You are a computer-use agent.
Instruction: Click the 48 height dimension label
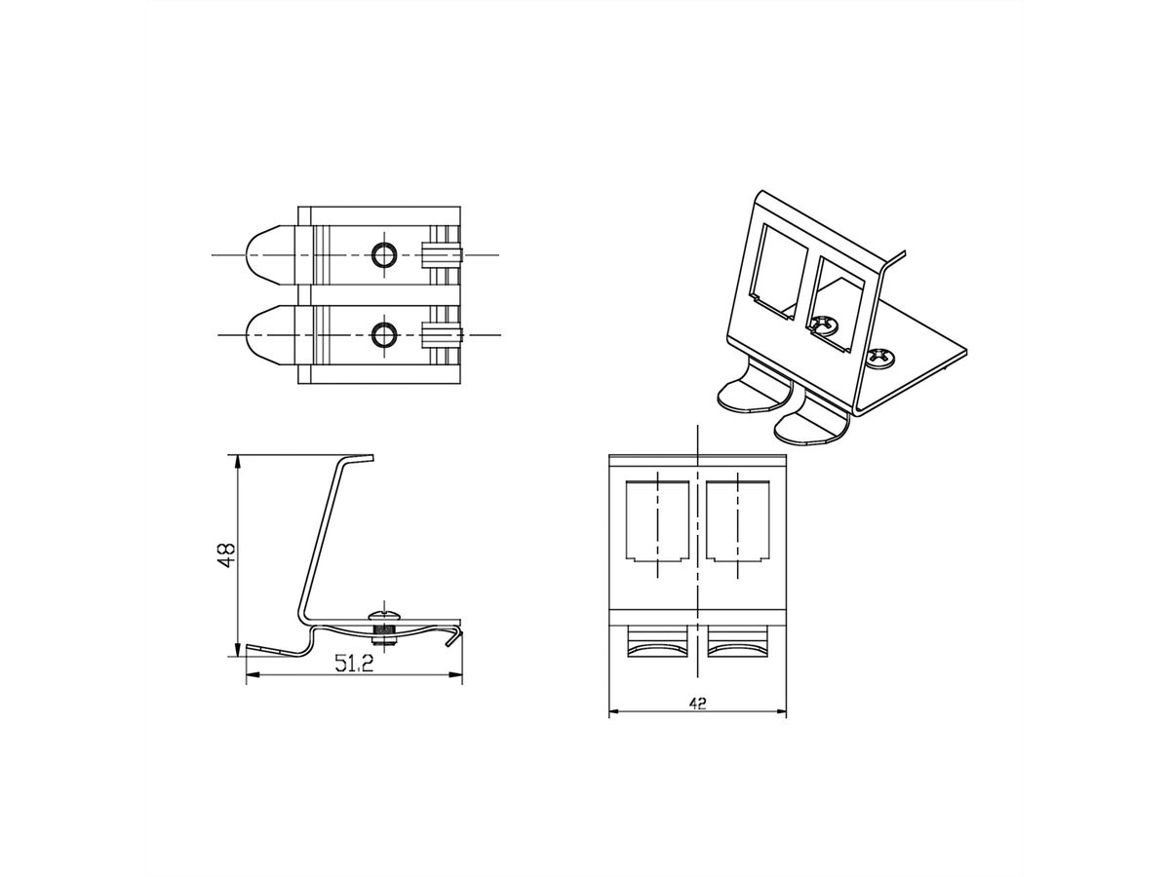click(226, 555)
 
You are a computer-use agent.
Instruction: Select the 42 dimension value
click(697, 704)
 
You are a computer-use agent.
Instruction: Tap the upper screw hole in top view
click(384, 255)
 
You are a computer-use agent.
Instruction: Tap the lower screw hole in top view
click(384, 335)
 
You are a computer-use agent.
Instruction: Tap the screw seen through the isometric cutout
click(826, 324)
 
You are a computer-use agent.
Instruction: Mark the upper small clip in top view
click(441, 255)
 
